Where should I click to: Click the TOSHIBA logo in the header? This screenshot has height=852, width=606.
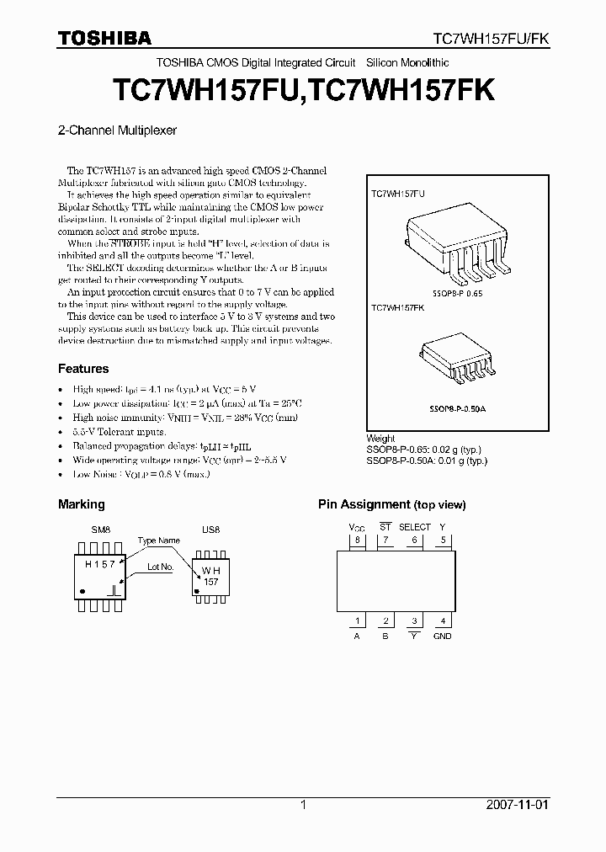pos(104,38)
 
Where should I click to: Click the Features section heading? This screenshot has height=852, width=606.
pos(83,369)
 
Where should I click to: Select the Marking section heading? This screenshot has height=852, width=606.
pos(81,504)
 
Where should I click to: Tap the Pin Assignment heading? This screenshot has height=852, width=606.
pos(391,504)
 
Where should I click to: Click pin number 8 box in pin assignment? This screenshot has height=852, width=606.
pos(357,540)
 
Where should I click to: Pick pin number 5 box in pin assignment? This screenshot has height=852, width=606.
pos(442,540)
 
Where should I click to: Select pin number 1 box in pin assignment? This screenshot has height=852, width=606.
pos(357,621)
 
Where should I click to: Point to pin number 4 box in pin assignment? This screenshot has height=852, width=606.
pos(442,621)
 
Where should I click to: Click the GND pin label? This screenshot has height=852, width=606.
pos(442,636)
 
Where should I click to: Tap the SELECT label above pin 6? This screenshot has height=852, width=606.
pos(414,527)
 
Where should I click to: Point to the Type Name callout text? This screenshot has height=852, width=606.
pos(158,540)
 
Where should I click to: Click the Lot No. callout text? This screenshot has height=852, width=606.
pos(160,567)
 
